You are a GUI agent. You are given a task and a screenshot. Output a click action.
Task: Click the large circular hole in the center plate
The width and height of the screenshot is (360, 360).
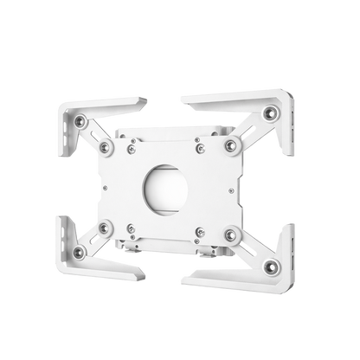[x=178, y=182]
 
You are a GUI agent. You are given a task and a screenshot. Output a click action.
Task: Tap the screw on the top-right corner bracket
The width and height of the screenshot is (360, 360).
[x=272, y=112]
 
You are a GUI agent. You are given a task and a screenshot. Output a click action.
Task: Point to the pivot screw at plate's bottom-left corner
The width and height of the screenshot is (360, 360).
[x=107, y=228]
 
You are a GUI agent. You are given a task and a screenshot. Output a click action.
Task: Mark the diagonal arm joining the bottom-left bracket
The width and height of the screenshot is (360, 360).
[x=93, y=241]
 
